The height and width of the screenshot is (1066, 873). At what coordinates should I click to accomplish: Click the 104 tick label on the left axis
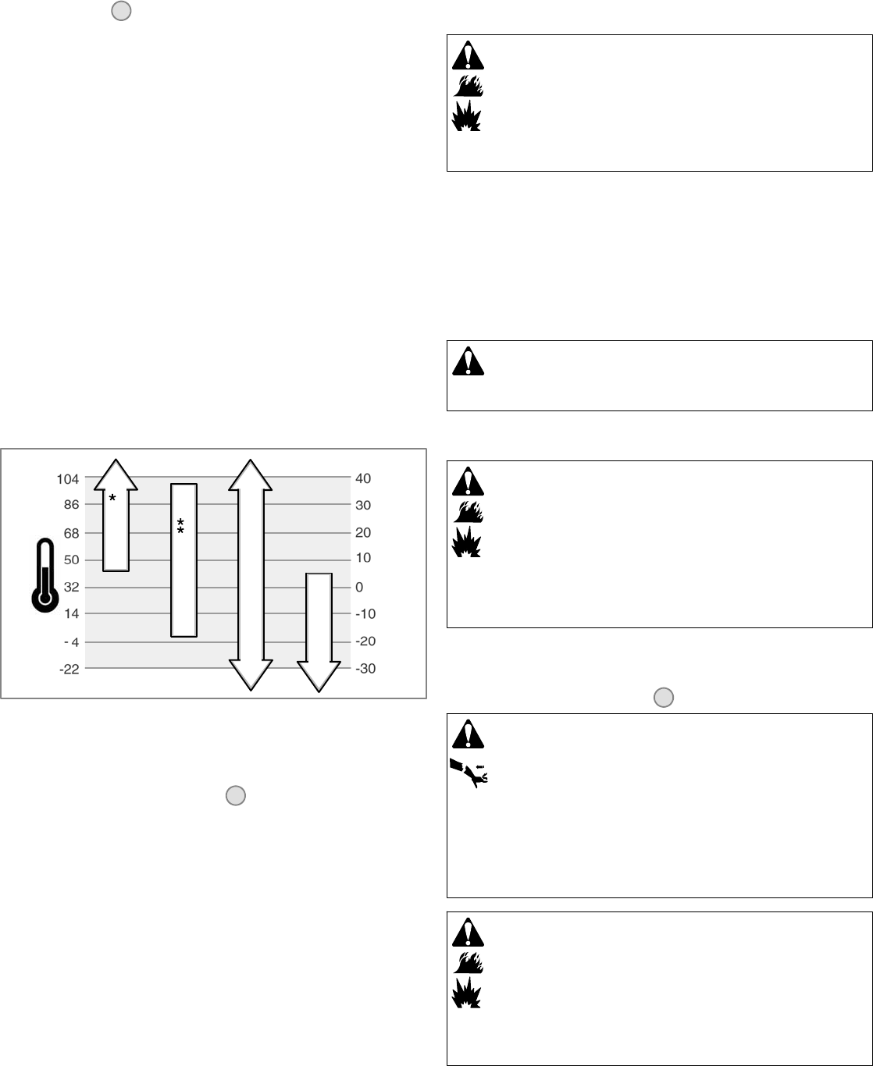coord(67,479)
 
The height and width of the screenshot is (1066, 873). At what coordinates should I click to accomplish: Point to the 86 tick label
coord(71,505)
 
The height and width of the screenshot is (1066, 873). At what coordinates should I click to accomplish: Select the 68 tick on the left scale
coord(71,533)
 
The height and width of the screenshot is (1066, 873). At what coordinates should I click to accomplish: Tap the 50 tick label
coord(71,560)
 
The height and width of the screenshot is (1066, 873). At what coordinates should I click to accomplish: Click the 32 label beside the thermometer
coord(71,587)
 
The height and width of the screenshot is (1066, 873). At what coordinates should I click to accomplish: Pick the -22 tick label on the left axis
coord(69,669)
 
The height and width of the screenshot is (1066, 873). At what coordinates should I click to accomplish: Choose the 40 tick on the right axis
coord(362,478)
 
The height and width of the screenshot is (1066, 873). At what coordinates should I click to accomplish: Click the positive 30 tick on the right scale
coord(362,506)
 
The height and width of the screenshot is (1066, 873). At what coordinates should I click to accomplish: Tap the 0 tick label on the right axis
coord(359,587)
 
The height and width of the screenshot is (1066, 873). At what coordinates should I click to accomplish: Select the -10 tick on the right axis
coord(365,614)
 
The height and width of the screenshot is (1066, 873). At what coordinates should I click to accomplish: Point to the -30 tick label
coord(365,669)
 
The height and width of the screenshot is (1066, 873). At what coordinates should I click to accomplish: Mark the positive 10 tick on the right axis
coord(362,559)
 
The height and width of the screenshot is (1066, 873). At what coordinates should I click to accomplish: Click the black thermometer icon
coord(45,574)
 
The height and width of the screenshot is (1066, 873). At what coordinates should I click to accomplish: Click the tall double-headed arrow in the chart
coord(251,574)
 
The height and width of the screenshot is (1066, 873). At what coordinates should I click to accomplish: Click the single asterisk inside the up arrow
coord(112,497)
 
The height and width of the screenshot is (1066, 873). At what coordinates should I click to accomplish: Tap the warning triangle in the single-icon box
coord(468,361)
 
